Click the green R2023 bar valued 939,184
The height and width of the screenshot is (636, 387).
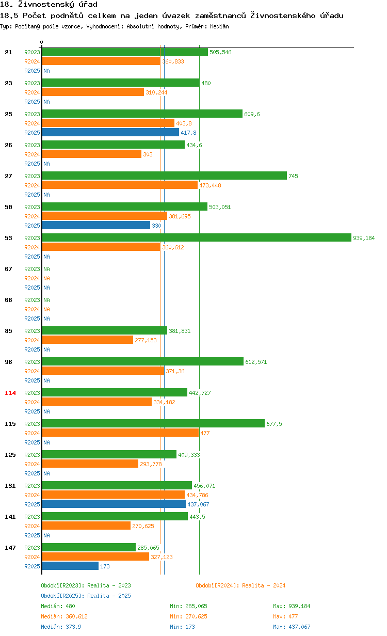(x=196, y=237)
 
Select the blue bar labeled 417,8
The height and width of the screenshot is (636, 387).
(x=110, y=132)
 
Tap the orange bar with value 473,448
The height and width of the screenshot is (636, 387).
(x=120, y=185)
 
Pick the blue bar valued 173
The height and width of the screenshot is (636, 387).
(x=70, y=566)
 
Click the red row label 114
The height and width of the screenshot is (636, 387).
(x=10, y=393)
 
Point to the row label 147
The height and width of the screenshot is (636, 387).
(x=10, y=548)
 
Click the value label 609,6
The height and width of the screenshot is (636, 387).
(x=252, y=114)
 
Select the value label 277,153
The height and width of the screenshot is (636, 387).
(x=146, y=340)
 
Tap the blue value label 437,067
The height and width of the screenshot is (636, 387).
(x=198, y=504)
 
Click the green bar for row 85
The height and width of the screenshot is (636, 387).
(x=104, y=330)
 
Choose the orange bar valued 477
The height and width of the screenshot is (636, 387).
(x=120, y=433)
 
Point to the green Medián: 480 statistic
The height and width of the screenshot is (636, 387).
(x=58, y=606)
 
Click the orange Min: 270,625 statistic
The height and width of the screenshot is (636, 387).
(x=188, y=616)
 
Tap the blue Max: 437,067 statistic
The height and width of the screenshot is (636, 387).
(x=292, y=627)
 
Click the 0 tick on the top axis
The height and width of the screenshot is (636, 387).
(x=42, y=42)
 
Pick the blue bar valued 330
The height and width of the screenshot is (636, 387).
(x=96, y=225)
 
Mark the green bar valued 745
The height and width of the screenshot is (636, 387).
(x=164, y=176)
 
